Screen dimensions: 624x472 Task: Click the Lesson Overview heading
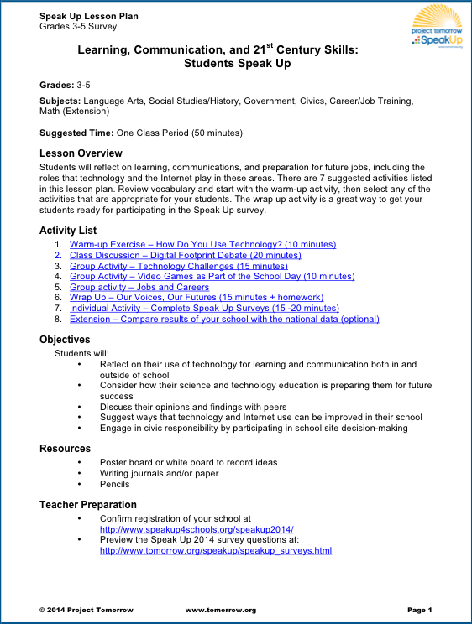[81, 153]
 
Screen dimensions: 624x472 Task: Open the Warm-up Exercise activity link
[202, 244]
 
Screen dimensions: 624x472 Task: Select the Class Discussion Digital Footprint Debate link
[185, 255]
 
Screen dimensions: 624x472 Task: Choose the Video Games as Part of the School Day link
[212, 276]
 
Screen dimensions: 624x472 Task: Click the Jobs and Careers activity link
[139, 287]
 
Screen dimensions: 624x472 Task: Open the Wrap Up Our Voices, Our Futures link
[196, 297]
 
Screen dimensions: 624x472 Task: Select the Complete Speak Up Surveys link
[204, 308]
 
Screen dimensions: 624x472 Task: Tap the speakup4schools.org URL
[197, 530]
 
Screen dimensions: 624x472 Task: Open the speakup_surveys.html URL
[216, 551]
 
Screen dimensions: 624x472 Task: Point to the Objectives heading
[65, 340]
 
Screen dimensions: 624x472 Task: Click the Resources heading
[65, 449]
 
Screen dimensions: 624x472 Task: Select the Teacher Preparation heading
[88, 505]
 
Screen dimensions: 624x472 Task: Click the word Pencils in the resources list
[115, 484]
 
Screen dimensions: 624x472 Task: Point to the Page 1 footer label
[419, 610]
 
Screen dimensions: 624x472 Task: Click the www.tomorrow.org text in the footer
[220, 610]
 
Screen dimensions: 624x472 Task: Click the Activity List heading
[68, 230]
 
